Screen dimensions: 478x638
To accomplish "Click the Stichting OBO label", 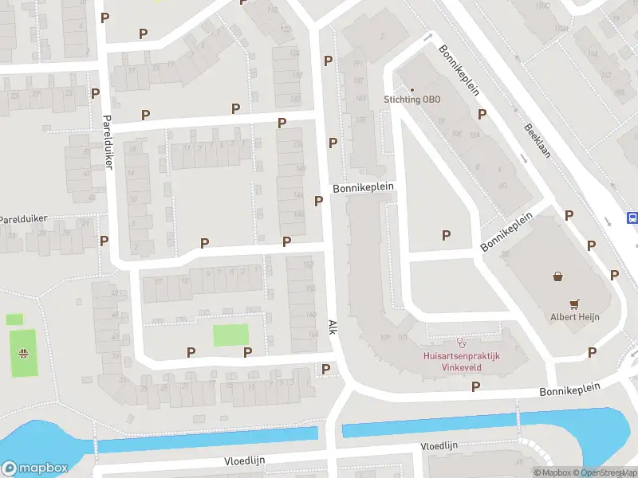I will pos(411,100).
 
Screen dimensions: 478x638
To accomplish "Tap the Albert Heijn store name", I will pos(574,317).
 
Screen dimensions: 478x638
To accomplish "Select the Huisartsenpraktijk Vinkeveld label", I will pos(461,362).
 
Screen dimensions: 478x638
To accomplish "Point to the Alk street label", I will pos(333,327).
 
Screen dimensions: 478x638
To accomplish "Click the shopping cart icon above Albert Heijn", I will pos(574,304).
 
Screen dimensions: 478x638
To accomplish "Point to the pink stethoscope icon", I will pos(461,342).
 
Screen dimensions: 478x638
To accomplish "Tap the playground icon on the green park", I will pos(25,354).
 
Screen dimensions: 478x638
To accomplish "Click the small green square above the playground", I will pos(14,319).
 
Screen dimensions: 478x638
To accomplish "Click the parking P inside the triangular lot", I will pos(446,235).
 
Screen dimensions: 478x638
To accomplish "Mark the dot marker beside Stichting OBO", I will pos(412,89).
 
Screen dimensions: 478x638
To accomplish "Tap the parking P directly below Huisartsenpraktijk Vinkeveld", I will pos(475,386).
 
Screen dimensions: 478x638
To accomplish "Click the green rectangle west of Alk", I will pos(230,335).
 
